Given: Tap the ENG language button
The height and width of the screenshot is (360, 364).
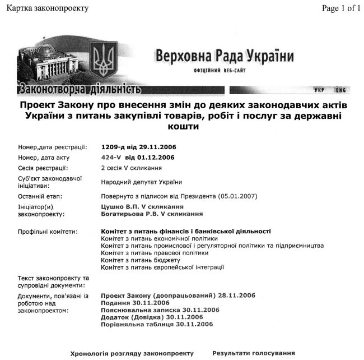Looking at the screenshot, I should pos(340,90).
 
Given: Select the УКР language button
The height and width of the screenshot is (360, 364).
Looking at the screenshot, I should pos(320,90).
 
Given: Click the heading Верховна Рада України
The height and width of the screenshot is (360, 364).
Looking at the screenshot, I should pos(225,57).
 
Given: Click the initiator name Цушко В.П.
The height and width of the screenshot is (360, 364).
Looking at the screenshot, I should pos(119,206).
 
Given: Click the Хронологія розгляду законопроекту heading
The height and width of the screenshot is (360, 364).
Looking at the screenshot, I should pos(132,353).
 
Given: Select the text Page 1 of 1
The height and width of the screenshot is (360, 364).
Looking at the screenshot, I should pos(341,8).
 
